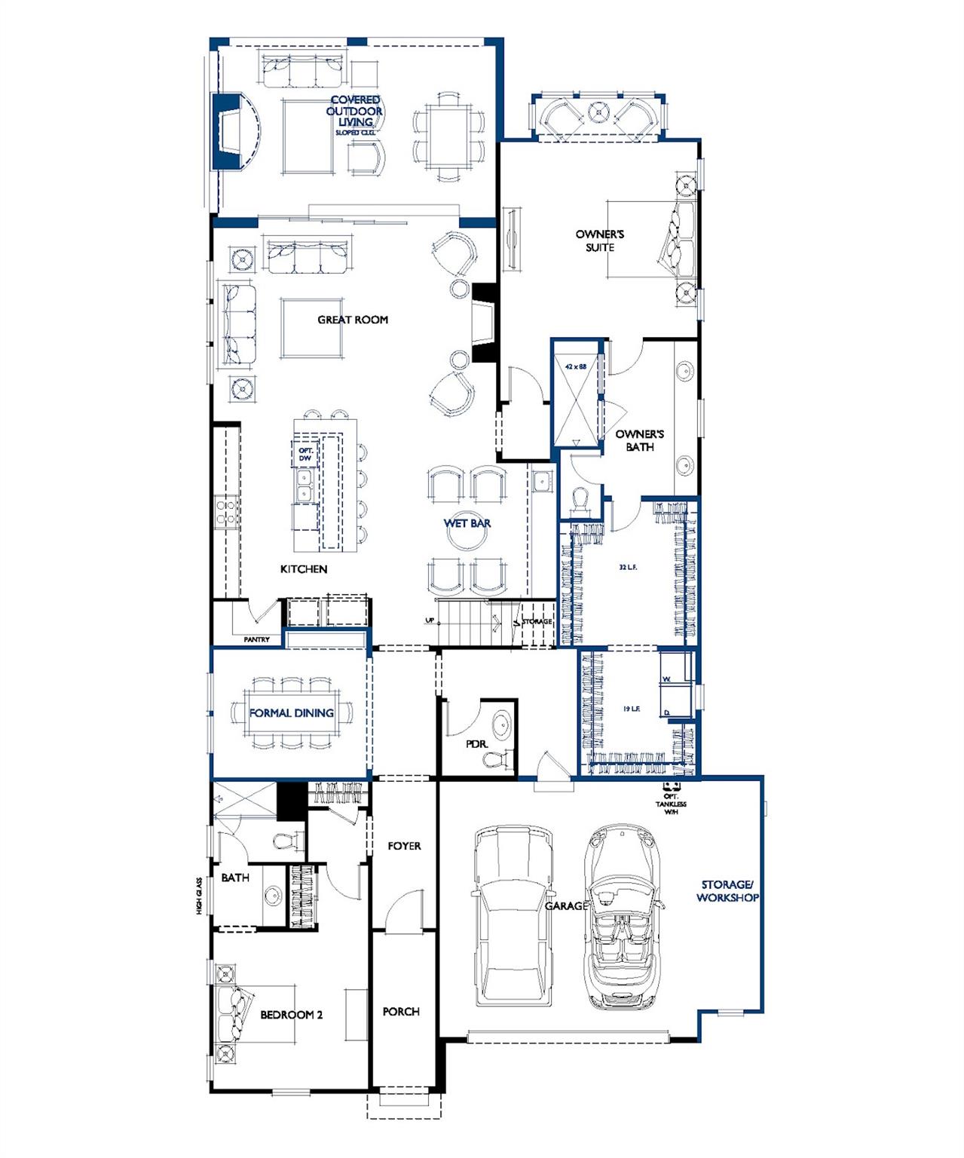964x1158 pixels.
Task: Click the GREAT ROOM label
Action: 353,320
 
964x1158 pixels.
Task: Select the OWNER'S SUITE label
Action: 600,240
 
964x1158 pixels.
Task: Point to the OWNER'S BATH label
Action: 639,440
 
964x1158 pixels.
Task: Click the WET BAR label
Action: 467,523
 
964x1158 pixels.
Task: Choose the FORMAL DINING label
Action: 292,712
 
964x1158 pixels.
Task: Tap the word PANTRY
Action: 256,639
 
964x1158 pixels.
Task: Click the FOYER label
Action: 404,846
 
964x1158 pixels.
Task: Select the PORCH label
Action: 401,1012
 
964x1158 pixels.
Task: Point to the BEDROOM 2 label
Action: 291,1015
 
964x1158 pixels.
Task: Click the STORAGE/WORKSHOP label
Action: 727,891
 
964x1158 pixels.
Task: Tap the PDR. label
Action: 476,744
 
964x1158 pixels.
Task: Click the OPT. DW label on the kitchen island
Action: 305,454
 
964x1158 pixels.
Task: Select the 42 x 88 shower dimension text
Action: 576,366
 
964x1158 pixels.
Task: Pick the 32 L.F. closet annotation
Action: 628,567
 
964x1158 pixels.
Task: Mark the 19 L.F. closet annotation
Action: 631,709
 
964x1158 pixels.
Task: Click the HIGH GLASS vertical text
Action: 200,895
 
